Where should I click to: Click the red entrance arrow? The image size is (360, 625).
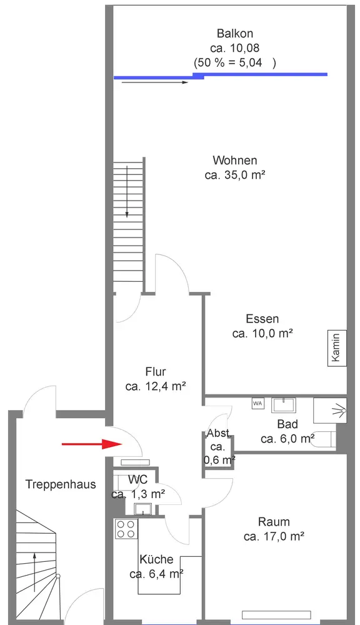coord(92,444)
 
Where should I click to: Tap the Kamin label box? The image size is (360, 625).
coord(337,348)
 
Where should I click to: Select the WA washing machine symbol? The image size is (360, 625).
coord(257,403)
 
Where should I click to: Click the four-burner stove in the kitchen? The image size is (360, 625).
coord(126,529)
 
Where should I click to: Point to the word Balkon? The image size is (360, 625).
coord(235,33)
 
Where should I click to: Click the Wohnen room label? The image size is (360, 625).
coord(235,160)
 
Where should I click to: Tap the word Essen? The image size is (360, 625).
coord(262,319)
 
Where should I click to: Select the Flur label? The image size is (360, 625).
coord(156,371)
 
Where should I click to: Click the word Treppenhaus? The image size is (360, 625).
coord(61,484)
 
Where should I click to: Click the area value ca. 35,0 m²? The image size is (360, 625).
coord(235,174)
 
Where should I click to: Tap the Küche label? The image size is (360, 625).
coord(156,559)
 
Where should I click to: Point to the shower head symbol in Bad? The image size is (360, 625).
coord(340,409)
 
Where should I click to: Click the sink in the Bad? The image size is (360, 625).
coord(284,405)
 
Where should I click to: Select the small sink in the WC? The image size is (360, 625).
coord(142,509)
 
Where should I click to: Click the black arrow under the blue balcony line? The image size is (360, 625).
coord(154,82)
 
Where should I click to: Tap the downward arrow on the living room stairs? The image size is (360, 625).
coord(127,192)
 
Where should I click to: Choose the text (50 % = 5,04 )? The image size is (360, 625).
coord(235,62)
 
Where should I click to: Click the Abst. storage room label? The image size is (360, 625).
coord(219,434)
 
